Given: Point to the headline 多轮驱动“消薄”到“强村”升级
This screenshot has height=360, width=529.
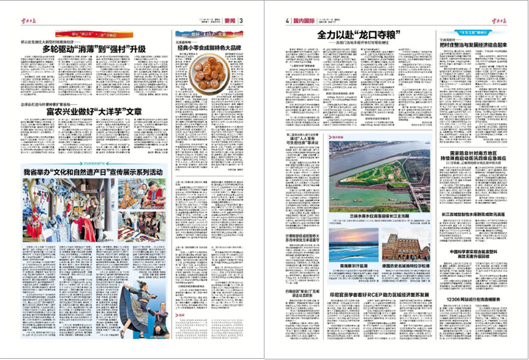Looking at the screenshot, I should (x=94, y=49).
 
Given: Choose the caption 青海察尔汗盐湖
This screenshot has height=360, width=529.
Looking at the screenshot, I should (x=352, y=265).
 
